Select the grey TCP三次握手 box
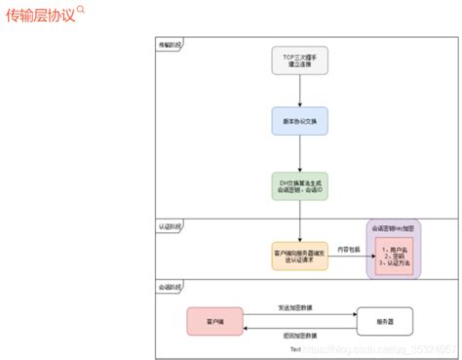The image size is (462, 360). pos(300,61)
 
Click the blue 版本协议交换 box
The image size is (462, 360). pos(300,122)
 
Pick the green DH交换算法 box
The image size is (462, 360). pos(300,186)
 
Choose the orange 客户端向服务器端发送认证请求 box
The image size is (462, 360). pos(300,257)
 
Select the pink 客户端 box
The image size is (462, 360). pos(215,321)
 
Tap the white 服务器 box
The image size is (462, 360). pos(385,321)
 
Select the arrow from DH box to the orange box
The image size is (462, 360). pos(300,221)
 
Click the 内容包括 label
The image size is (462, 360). pos(349,249)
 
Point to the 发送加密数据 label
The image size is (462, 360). pos(297,307)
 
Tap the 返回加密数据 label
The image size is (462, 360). pos(297,335)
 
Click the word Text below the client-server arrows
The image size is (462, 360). pos(295,348)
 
